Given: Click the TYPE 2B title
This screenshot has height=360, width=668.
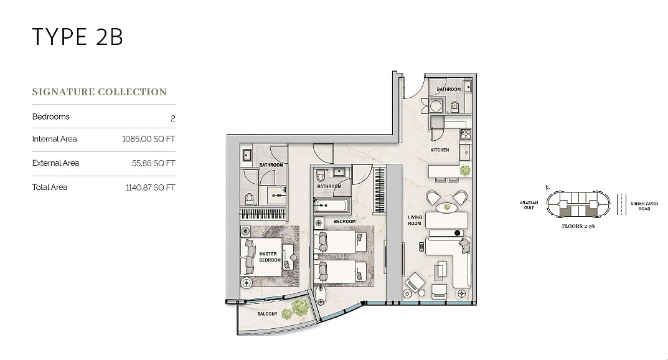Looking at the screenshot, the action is [x=78, y=36].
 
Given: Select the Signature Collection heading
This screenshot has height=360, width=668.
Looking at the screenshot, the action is [x=99, y=92].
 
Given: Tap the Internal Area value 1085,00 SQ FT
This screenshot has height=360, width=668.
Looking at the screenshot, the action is [x=148, y=139].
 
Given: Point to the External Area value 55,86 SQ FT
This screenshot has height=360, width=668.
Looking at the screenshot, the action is [x=153, y=163].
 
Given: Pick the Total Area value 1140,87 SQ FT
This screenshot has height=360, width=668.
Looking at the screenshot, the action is [x=150, y=187].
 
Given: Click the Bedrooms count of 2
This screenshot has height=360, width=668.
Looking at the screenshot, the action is [x=173, y=118].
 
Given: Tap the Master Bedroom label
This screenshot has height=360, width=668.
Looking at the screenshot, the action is [x=270, y=257].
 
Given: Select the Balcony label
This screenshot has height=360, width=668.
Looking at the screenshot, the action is [x=267, y=314].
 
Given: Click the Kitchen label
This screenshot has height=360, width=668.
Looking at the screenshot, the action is [x=440, y=150].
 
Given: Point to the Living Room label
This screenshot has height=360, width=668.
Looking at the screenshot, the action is [x=415, y=220].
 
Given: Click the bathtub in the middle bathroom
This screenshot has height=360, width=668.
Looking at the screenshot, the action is [x=332, y=206].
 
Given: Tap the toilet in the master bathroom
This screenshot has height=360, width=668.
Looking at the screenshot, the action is [x=249, y=199].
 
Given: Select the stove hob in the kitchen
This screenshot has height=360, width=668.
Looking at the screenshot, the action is [x=466, y=135].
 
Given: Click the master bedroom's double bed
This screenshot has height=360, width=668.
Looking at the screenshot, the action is [x=261, y=257].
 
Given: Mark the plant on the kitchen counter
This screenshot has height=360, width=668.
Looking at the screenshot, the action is [x=465, y=171].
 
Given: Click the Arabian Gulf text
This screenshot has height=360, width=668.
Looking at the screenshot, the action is [x=529, y=206].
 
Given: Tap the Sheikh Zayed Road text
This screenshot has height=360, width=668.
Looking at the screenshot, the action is [x=644, y=206].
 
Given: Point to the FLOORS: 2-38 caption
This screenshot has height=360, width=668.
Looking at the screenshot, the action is [x=578, y=226].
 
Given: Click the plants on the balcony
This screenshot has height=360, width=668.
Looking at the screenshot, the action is [x=296, y=309].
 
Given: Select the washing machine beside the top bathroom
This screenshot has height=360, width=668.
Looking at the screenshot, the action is [x=435, y=106].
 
